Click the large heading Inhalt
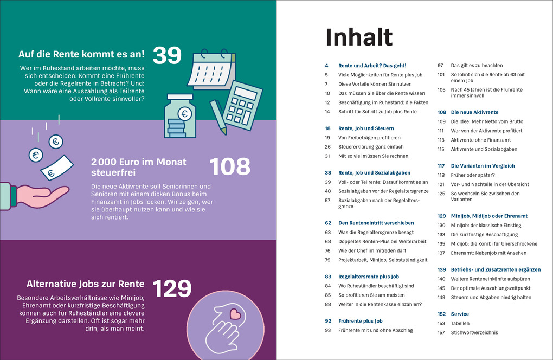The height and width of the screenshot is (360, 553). tap(358, 37)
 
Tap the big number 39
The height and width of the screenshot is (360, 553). tap(166, 56)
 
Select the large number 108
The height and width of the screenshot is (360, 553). tap(230, 167)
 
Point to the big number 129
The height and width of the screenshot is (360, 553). tap(172, 289)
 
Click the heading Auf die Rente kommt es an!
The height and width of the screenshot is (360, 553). tap(81, 54)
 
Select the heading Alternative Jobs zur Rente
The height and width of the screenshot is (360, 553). tap(85, 284)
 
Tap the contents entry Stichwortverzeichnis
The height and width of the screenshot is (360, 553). tap(474, 332)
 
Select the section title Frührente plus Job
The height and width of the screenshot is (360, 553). tap(361, 321)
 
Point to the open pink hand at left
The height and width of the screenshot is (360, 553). tap(41, 195)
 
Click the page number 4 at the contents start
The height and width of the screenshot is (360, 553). tap(326, 65)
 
